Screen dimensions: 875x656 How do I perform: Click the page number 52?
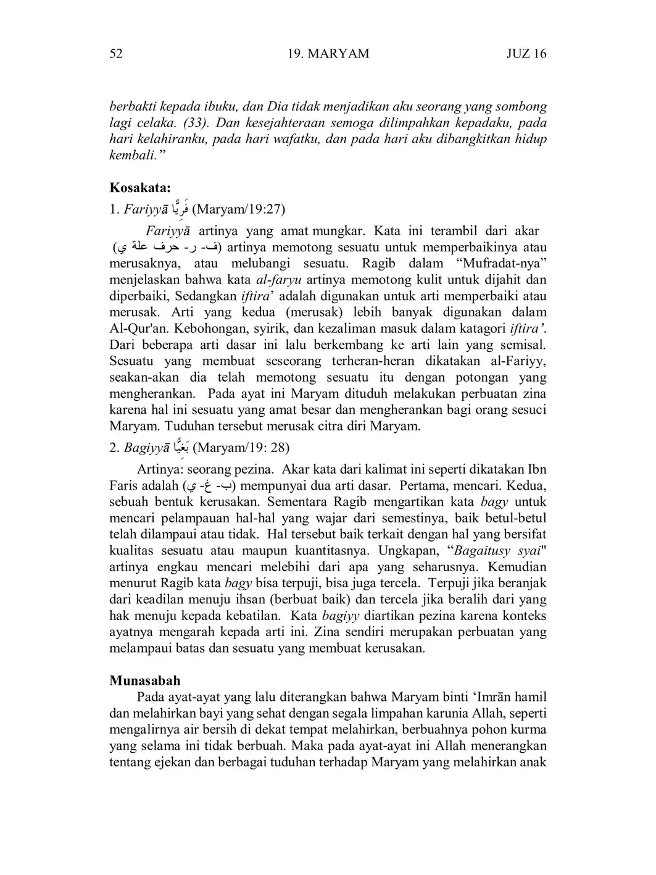pyautogui.click(x=116, y=54)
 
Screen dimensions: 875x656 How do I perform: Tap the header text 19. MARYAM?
pyautogui.click(x=328, y=54)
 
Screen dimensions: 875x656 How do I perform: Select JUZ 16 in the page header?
pyautogui.click(x=526, y=54)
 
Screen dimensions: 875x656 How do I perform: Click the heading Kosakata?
pyautogui.click(x=140, y=187)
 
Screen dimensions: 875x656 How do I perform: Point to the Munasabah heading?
pyautogui.click(x=145, y=680)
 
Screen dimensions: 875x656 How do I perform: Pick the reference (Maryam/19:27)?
pyautogui.click(x=239, y=209)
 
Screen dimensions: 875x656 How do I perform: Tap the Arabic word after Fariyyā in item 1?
pyautogui.click(x=180, y=209)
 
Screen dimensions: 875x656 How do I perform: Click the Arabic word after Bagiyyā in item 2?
pyautogui.click(x=180, y=447)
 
